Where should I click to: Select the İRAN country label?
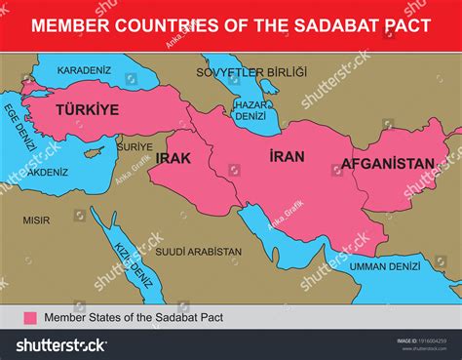coord(287,156)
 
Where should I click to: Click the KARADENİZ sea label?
coord(85,70)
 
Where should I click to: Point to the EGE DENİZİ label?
coord(19,128)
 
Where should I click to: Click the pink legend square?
coord(29,317)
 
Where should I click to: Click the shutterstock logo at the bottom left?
coord(60,343)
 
